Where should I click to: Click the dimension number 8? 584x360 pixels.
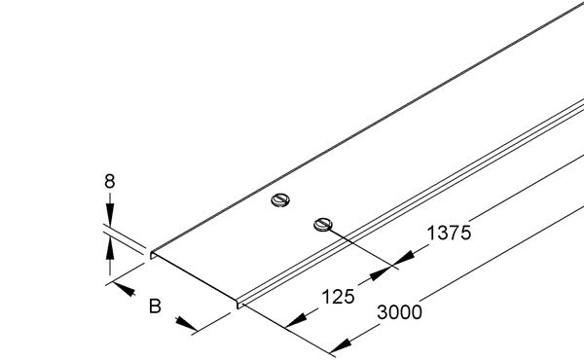(x=112, y=181)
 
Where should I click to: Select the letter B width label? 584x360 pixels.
(x=154, y=308)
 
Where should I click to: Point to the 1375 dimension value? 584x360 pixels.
(x=449, y=234)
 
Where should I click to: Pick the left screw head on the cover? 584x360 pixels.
(x=280, y=202)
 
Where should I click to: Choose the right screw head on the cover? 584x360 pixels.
(x=323, y=226)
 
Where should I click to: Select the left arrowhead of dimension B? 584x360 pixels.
(x=122, y=289)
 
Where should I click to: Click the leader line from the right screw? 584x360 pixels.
(x=360, y=244)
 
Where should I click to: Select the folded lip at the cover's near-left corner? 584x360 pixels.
(x=154, y=255)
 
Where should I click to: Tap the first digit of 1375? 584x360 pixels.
(x=429, y=234)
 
